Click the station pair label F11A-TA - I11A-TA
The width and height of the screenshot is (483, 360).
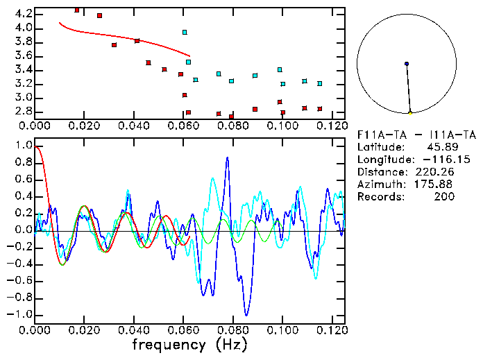(x=416, y=135)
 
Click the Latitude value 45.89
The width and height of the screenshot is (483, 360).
(x=443, y=147)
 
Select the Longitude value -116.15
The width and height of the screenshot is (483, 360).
(x=437, y=160)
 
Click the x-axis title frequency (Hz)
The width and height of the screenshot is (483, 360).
(x=189, y=344)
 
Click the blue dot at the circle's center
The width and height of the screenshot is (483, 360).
(x=407, y=64)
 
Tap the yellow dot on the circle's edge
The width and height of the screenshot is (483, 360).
(x=410, y=112)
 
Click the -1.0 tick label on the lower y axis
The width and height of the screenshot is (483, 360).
(x=20, y=314)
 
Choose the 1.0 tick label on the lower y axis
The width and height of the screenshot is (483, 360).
(x=23, y=146)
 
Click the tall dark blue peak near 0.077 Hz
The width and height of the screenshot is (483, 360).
(x=227, y=158)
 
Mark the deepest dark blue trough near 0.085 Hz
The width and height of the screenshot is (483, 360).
(x=246, y=315)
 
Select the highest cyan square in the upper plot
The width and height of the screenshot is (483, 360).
(x=185, y=32)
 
